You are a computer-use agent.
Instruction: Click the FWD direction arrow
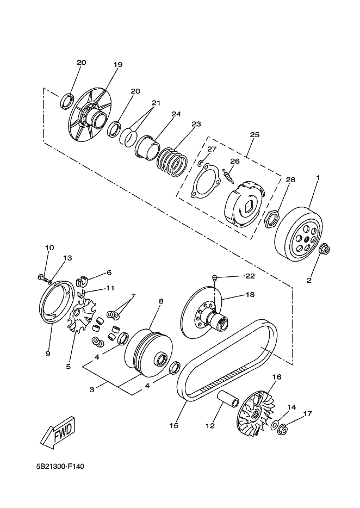point(58,433)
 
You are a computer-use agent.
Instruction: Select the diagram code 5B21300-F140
point(60,467)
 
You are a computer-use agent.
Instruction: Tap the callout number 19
point(118,65)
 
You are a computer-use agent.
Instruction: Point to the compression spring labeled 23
point(172,162)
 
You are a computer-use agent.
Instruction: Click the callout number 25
point(255,135)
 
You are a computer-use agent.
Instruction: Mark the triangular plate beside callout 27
point(204,182)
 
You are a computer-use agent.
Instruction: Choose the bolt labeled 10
point(43,278)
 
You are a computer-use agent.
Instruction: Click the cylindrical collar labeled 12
point(228,398)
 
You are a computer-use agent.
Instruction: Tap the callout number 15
point(174,425)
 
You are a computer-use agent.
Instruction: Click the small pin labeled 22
point(214,277)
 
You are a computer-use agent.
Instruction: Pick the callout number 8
point(161,301)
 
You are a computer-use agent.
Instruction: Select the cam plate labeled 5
point(82,316)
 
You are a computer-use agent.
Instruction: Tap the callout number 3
point(92,389)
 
